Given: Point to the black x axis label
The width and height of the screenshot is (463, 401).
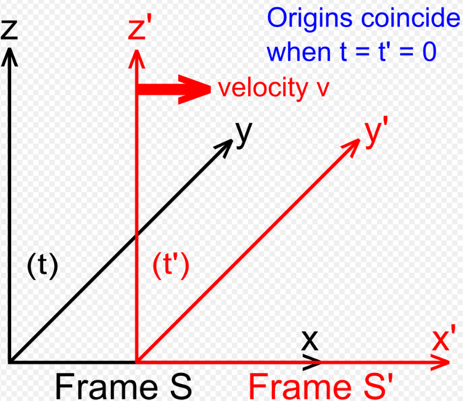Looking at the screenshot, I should pos(310,340).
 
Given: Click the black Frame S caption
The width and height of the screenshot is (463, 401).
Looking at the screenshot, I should pos(123,387).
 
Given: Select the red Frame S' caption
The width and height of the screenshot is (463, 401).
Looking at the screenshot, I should pos(322,387).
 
